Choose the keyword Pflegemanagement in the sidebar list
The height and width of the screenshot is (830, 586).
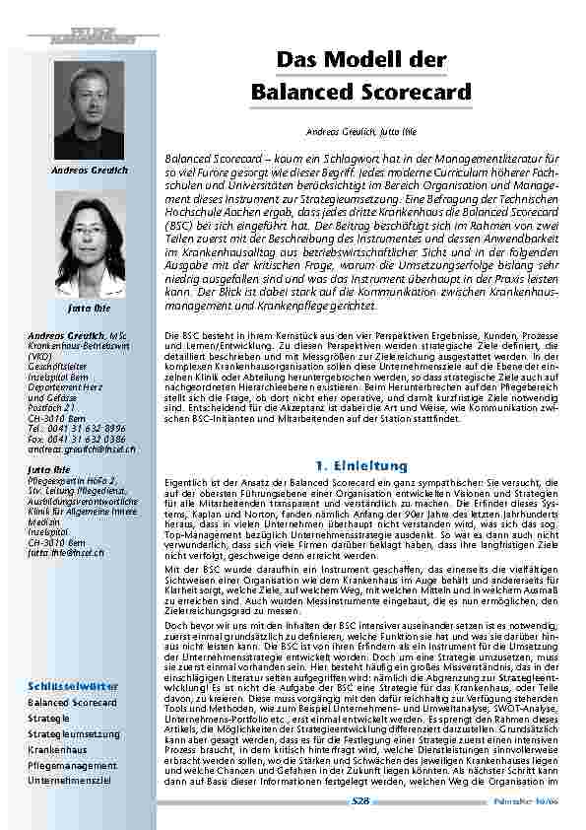pos(72,765)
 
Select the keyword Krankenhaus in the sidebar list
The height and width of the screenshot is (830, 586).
pos(58,750)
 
